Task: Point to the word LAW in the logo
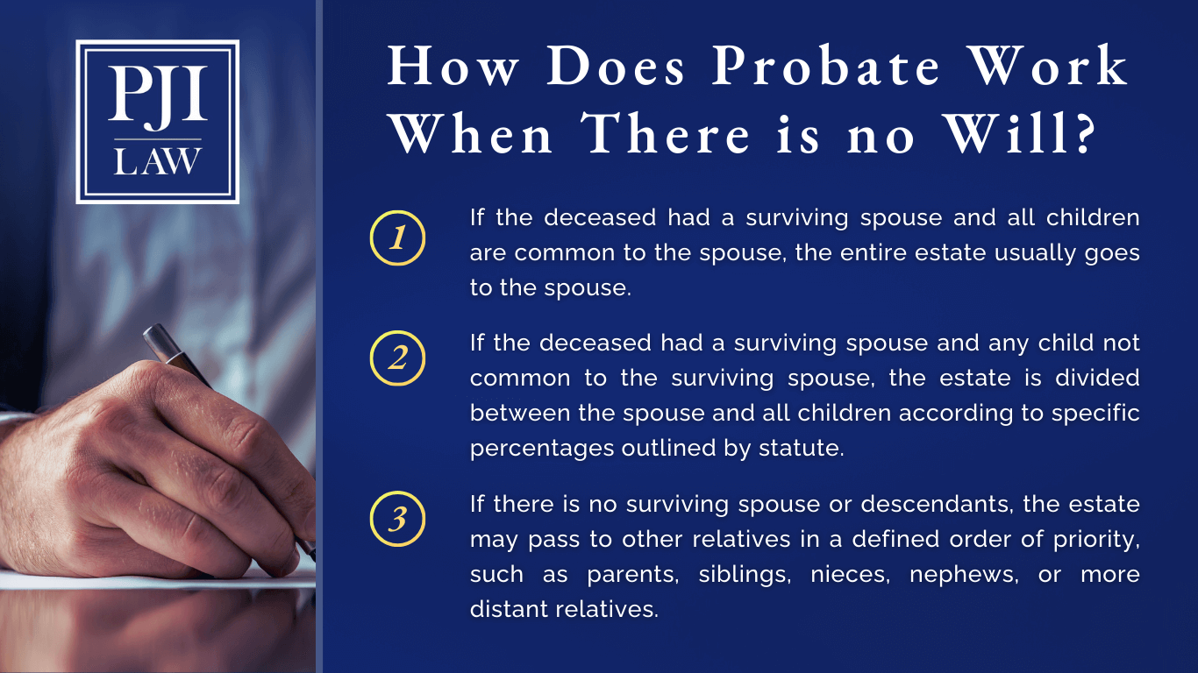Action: (x=158, y=162)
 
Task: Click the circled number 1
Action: (x=397, y=237)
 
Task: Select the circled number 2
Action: (x=397, y=359)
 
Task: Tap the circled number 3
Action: (x=397, y=520)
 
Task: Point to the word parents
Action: (x=627, y=575)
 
